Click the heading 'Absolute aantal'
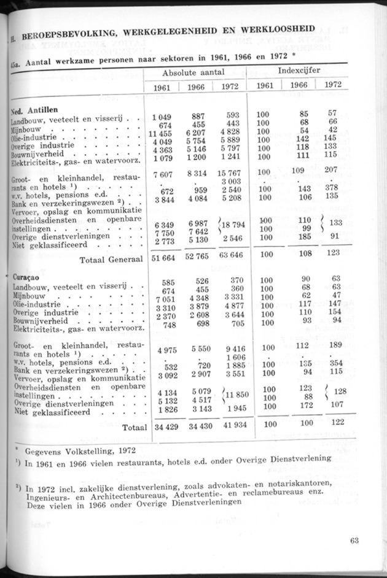[x=195, y=72]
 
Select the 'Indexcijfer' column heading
[x=299, y=71]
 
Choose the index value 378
[x=332, y=188]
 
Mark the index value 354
[x=332, y=363]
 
